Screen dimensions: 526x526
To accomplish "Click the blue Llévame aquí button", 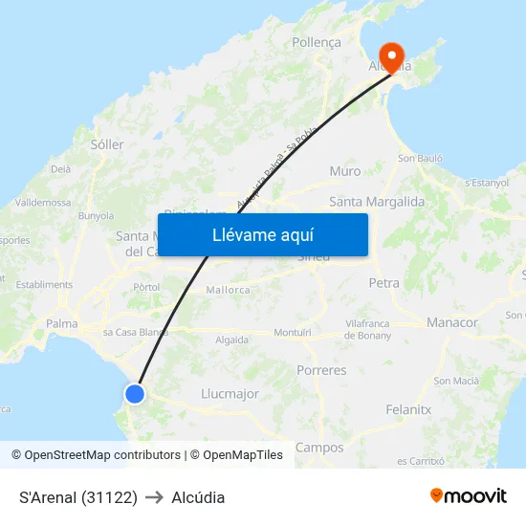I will coord(262,234).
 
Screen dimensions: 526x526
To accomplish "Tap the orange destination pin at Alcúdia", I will coord(390,56).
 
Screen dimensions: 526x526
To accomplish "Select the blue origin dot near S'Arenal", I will coord(135,393).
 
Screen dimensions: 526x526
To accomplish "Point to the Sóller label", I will coord(107,144).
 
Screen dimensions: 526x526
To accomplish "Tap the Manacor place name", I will coord(452,322).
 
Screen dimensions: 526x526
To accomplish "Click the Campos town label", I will coord(319,447).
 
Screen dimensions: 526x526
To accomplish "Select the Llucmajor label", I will coord(230,393).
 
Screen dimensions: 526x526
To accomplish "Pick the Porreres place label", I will coord(321,369).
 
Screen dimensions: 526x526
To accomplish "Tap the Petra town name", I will coord(384,283).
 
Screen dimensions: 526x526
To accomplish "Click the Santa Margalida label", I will coord(377,202).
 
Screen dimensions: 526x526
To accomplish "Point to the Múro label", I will coord(345,171).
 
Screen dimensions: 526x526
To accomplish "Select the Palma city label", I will coord(62,323).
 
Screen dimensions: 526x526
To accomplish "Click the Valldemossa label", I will coord(43,203).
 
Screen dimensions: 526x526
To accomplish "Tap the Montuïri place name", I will coord(293,332).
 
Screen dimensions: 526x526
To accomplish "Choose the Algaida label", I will coord(232,340).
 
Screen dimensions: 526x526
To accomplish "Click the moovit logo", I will coord(469,495).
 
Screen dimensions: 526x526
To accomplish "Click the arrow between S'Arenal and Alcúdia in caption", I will coord(154,497).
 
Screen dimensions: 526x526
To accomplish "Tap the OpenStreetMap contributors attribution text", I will coord(102,455).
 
